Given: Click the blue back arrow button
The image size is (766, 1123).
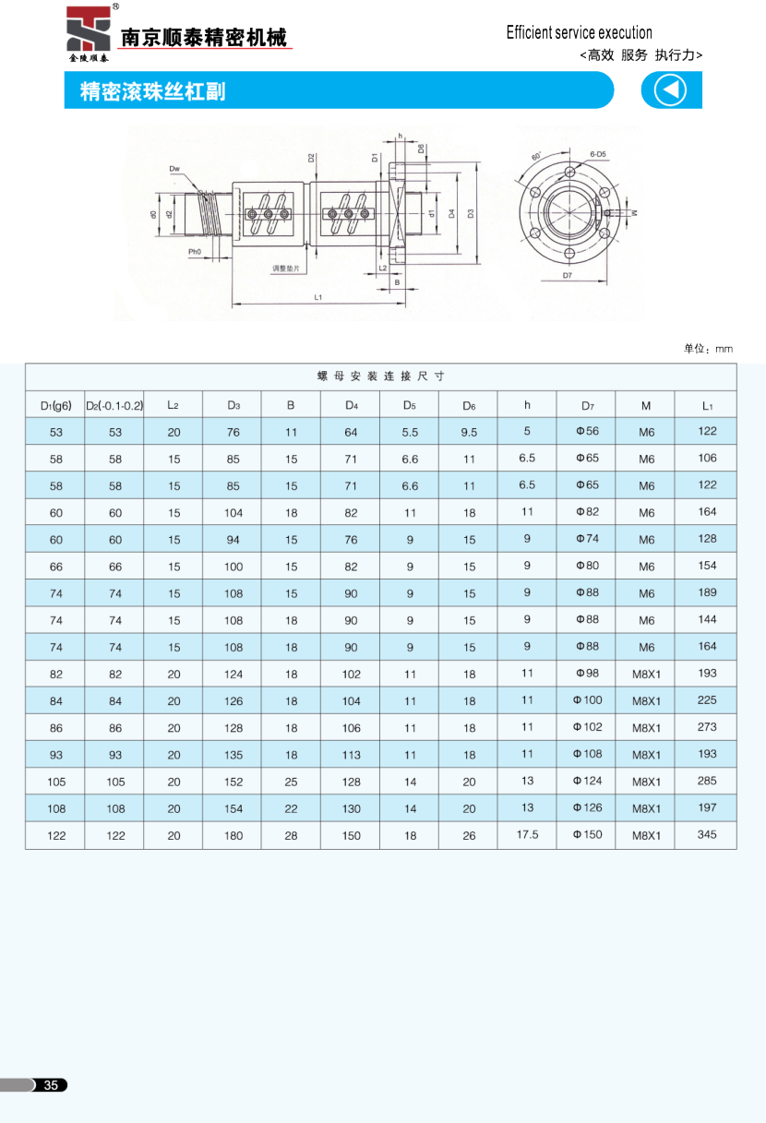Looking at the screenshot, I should (671, 90).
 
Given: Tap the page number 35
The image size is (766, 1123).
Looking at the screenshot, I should (52, 1085).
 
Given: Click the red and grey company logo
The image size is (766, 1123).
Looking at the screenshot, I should (88, 33).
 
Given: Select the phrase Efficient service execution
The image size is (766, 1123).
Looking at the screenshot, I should (579, 33).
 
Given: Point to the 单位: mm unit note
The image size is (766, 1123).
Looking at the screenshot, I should (708, 348).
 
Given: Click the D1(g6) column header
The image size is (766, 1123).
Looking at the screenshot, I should (55, 404).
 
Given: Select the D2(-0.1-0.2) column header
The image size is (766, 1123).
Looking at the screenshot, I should (114, 404).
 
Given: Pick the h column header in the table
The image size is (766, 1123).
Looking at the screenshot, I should (527, 404).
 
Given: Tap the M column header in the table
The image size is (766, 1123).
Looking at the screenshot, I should (646, 404).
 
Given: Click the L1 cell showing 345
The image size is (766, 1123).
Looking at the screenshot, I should (707, 834).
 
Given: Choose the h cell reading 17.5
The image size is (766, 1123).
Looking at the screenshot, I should (527, 834).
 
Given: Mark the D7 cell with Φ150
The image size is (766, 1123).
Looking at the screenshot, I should (587, 834).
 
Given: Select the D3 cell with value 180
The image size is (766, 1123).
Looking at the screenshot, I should (233, 835).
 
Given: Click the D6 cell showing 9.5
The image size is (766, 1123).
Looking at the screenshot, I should (469, 432).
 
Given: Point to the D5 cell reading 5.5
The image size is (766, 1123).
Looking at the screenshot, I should (410, 432).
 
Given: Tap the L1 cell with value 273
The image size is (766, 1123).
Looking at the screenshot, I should (707, 727).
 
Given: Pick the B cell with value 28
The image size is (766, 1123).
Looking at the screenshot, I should (292, 835).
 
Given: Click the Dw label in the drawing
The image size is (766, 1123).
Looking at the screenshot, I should (174, 169).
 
